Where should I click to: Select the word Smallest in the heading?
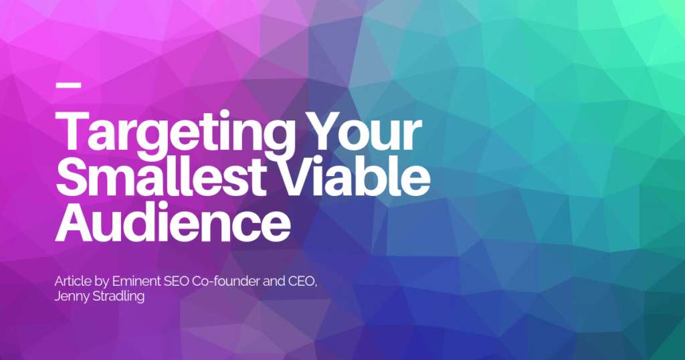[161, 176]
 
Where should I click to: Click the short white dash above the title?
[69, 85]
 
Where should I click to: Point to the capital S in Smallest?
[72, 177]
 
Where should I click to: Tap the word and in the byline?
[274, 281]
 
